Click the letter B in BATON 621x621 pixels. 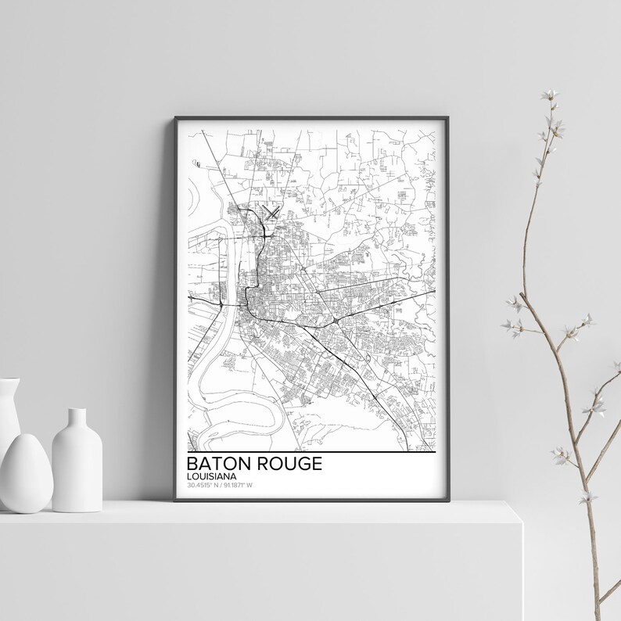point(192,463)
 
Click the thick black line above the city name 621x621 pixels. point(310,452)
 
